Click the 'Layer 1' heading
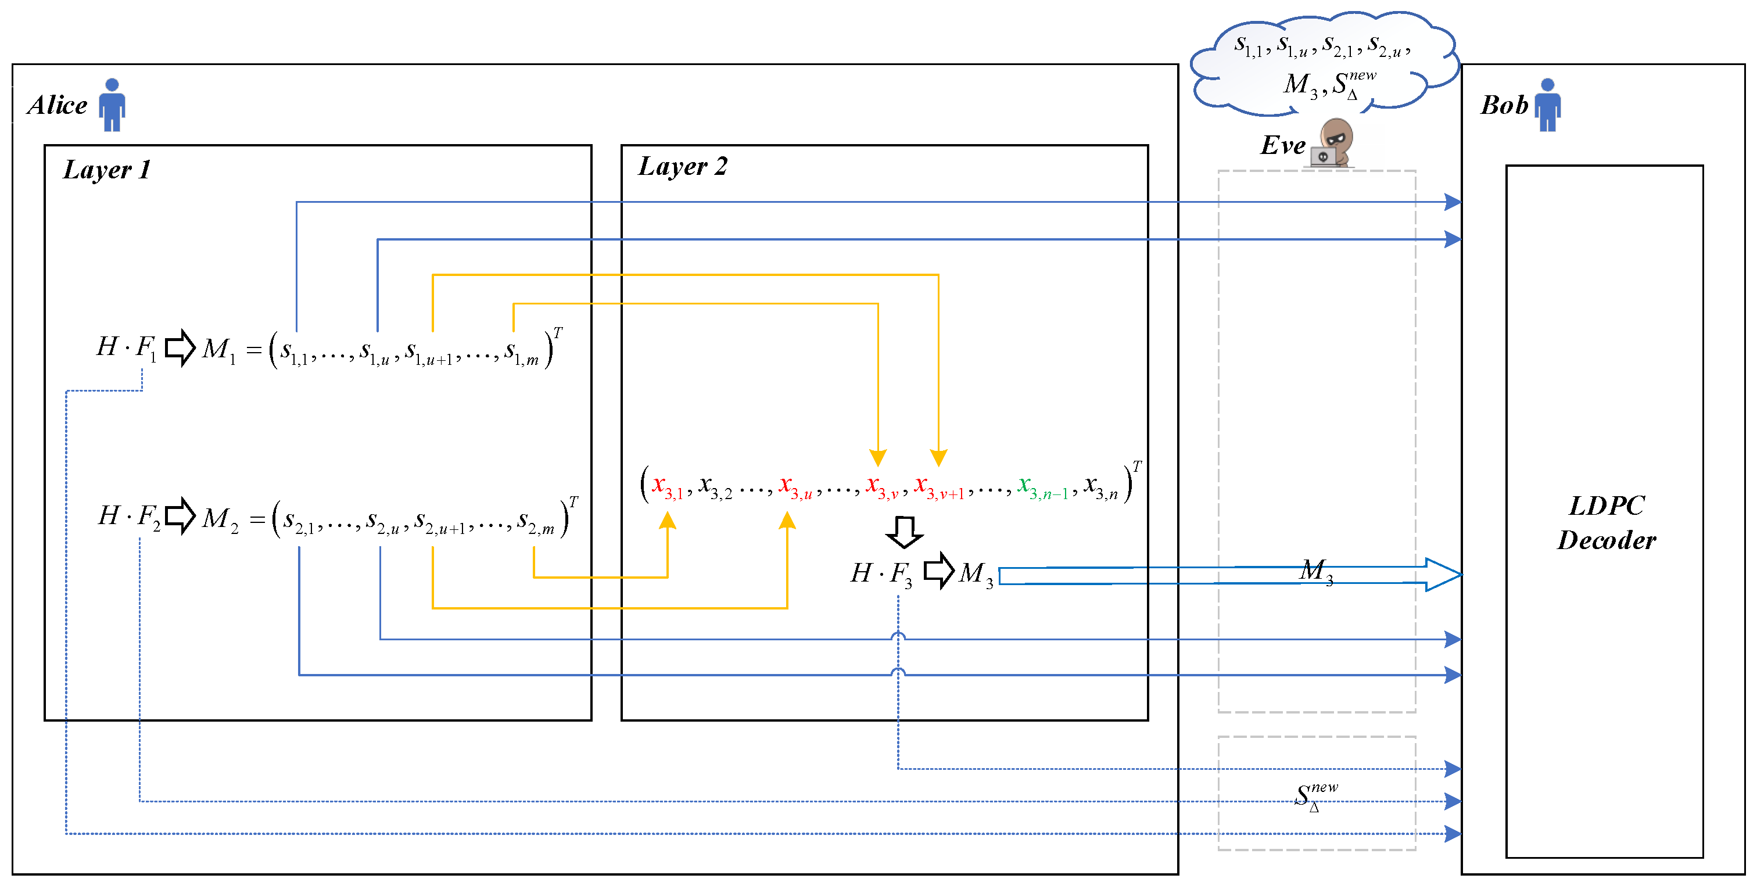click(106, 169)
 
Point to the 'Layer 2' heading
click(682, 166)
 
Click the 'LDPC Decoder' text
click(1607, 522)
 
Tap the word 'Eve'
click(1282, 145)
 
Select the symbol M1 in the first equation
click(219, 349)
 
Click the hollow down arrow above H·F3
click(905, 532)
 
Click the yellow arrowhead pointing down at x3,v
click(878, 457)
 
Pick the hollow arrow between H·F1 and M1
click(180, 348)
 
